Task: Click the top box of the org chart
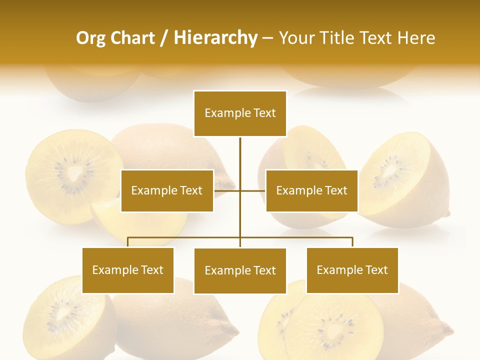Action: pyautogui.click(x=240, y=113)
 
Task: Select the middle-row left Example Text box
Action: pyautogui.click(x=167, y=190)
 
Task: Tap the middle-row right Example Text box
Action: pyautogui.click(x=311, y=190)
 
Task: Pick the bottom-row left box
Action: pyautogui.click(x=128, y=270)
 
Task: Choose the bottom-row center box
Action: pyautogui.click(x=240, y=271)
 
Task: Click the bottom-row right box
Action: pyautogui.click(x=352, y=270)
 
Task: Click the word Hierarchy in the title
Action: pyautogui.click(x=215, y=38)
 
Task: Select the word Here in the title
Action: pyautogui.click(x=416, y=38)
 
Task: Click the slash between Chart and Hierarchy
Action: pyautogui.click(x=164, y=38)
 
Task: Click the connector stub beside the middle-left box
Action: pyautogui.click(x=226, y=190)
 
